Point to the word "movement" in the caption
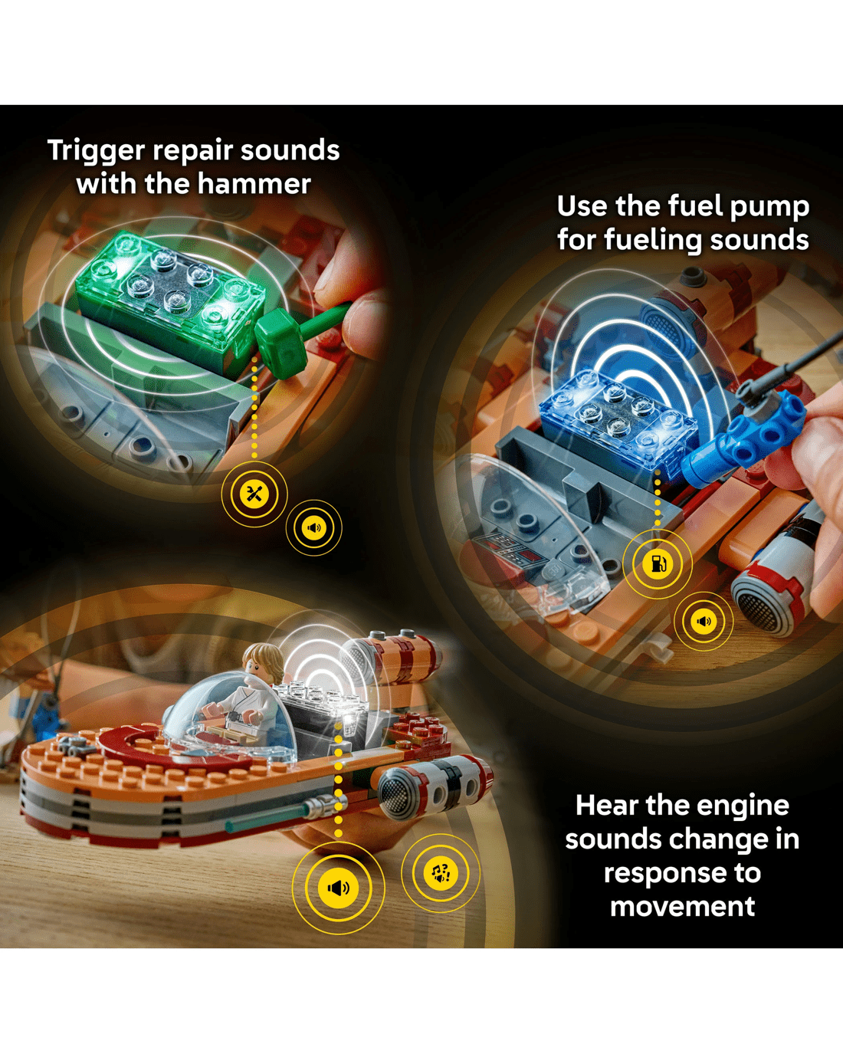click(682, 906)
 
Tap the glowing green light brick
click(170, 290)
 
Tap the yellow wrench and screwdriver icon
click(254, 494)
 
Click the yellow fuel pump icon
click(658, 563)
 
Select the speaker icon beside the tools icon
click(314, 528)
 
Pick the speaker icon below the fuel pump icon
click(704, 622)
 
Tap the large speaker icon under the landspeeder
click(338, 888)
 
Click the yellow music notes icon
click(440, 873)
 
